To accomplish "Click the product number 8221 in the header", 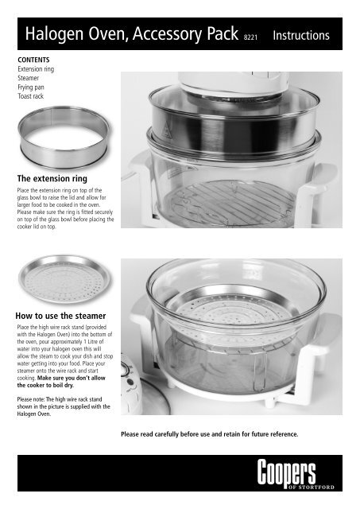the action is (x=250, y=37).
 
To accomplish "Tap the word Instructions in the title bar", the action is (x=301, y=35).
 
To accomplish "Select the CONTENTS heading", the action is (x=33, y=60).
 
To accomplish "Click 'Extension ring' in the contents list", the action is (x=36, y=69).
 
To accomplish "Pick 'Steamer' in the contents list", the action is (x=29, y=78).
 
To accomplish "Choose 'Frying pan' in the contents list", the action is (x=31, y=87).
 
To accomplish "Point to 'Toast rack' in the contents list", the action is (x=30, y=96).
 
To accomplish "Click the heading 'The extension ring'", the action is (x=52, y=178).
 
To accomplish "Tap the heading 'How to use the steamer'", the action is (x=60, y=316).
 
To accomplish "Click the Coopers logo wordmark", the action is (x=286, y=472).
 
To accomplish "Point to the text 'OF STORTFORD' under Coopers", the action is (x=311, y=488).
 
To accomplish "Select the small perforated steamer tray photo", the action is (x=64, y=280).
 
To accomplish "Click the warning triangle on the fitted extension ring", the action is (x=166, y=131).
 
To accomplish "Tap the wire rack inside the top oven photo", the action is (x=230, y=203).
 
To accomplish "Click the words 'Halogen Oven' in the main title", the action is (x=75, y=33).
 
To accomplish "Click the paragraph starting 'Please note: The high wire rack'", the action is (x=64, y=406).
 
